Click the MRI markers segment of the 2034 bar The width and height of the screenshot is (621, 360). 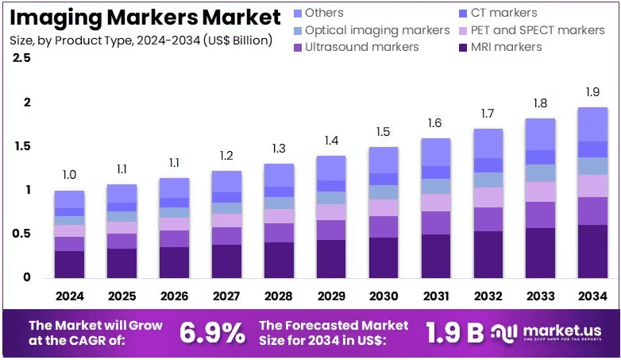592,251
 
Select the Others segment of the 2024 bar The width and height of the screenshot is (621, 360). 69,199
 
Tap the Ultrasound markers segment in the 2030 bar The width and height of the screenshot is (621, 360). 384,226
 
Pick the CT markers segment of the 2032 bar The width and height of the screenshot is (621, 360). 488,165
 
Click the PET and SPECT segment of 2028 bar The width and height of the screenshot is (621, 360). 279,216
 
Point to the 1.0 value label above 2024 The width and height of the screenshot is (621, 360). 69,175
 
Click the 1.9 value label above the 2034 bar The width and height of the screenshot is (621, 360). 593,92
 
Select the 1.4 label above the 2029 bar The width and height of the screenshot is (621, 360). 331,141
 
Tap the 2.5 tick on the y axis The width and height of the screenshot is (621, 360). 21,58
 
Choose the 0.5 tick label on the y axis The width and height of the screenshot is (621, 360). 21,234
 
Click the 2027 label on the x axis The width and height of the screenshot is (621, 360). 226,296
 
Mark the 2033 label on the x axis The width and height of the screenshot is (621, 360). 541,296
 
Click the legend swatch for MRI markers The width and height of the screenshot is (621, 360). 463,48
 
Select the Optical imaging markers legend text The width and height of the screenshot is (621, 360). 377,30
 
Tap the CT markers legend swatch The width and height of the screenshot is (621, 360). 463,14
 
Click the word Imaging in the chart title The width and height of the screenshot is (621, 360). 56,17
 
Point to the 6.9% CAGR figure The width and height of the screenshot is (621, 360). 212,333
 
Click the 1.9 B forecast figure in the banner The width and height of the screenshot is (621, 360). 455,332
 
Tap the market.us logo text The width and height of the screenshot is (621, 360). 562,331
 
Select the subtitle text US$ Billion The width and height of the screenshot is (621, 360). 237,41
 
